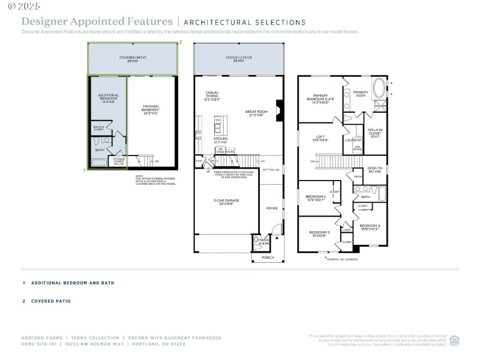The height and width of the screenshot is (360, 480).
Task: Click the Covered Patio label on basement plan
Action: coord(133,59)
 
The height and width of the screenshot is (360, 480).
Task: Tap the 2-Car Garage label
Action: coord(227,202)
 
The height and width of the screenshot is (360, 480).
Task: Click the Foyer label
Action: coord(272,208)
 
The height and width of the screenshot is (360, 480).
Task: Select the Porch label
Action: coord(268,257)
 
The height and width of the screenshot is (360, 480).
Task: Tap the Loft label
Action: coord(320,139)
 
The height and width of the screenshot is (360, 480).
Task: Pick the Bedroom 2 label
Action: coord(316,197)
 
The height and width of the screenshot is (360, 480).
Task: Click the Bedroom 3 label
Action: coord(319,233)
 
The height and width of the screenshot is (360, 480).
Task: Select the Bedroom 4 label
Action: coord(370,227)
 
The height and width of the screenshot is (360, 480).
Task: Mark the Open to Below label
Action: coord(374,170)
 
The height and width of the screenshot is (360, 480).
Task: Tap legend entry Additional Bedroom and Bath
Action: coord(72,283)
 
